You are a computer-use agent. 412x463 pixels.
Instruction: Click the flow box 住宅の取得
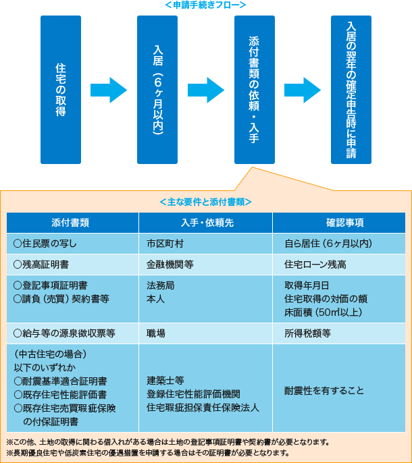tap(61, 90)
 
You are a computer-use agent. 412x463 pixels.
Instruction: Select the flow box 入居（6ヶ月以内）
tap(157, 90)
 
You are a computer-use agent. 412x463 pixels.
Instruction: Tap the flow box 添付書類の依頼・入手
tap(254, 90)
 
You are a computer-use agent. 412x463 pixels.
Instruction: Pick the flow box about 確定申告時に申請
tap(351, 90)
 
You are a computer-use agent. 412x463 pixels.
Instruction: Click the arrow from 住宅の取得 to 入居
tap(109, 90)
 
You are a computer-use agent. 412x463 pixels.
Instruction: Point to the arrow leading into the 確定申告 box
tap(303, 90)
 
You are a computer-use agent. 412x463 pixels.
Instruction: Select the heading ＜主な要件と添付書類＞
tap(206, 202)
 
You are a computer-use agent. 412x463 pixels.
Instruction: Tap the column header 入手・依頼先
tap(205, 223)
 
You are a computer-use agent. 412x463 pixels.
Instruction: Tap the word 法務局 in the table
tap(161, 285)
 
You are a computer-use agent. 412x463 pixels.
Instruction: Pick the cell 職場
tap(156, 333)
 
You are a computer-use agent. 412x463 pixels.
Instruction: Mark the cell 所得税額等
tap(308, 333)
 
